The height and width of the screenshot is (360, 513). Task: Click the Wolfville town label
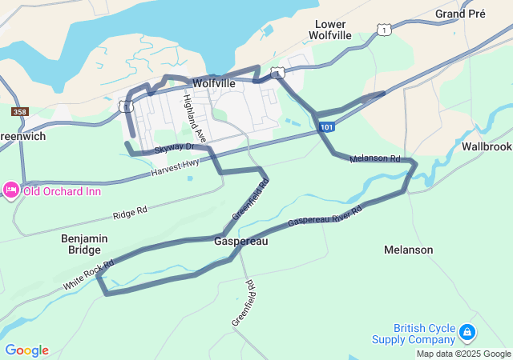tap(214, 83)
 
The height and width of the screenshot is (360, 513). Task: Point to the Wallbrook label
tap(486, 146)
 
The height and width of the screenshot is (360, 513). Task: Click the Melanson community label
tap(408, 250)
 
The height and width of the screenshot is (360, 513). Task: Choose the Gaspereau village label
tap(240, 241)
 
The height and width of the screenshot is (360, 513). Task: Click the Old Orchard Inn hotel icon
tap(11, 190)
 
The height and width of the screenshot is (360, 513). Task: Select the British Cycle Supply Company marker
tap(468, 330)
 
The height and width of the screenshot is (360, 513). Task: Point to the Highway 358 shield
tap(20, 112)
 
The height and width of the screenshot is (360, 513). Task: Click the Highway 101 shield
tap(325, 127)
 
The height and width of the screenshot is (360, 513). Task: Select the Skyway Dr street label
tap(175, 147)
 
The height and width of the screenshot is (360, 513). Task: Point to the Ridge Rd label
tap(131, 213)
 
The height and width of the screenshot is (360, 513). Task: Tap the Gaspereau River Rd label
tap(325, 215)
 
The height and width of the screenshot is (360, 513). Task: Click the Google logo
tap(27, 350)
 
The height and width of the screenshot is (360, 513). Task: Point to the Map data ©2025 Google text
tap(463, 354)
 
